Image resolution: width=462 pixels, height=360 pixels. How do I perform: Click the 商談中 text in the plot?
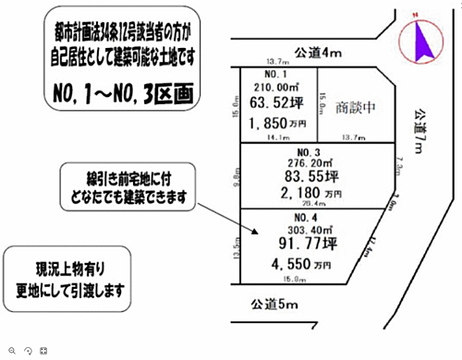[356, 105]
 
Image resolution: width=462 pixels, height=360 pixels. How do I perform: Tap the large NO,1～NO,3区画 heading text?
[128, 92]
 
